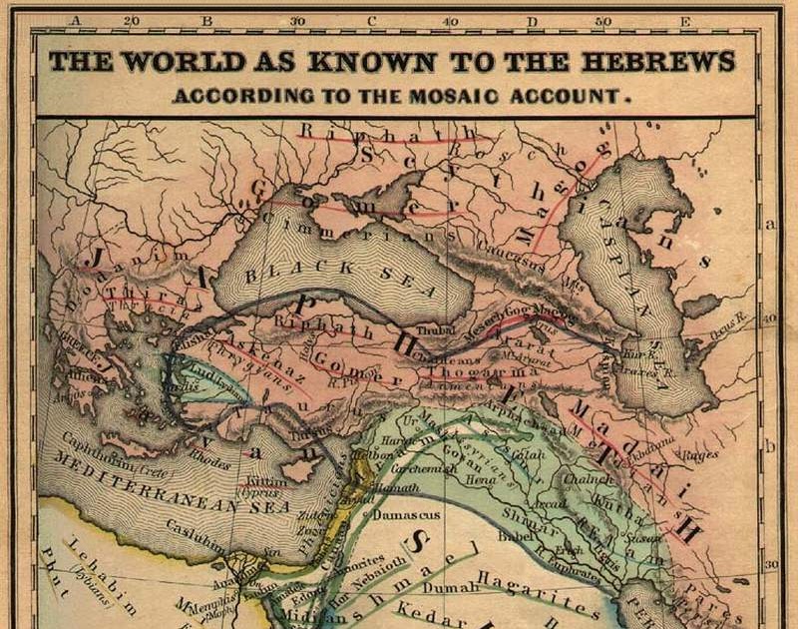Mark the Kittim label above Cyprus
coord(261,483)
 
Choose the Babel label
coord(517,534)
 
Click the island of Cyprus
coord(299,470)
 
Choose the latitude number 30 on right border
coord(770,564)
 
